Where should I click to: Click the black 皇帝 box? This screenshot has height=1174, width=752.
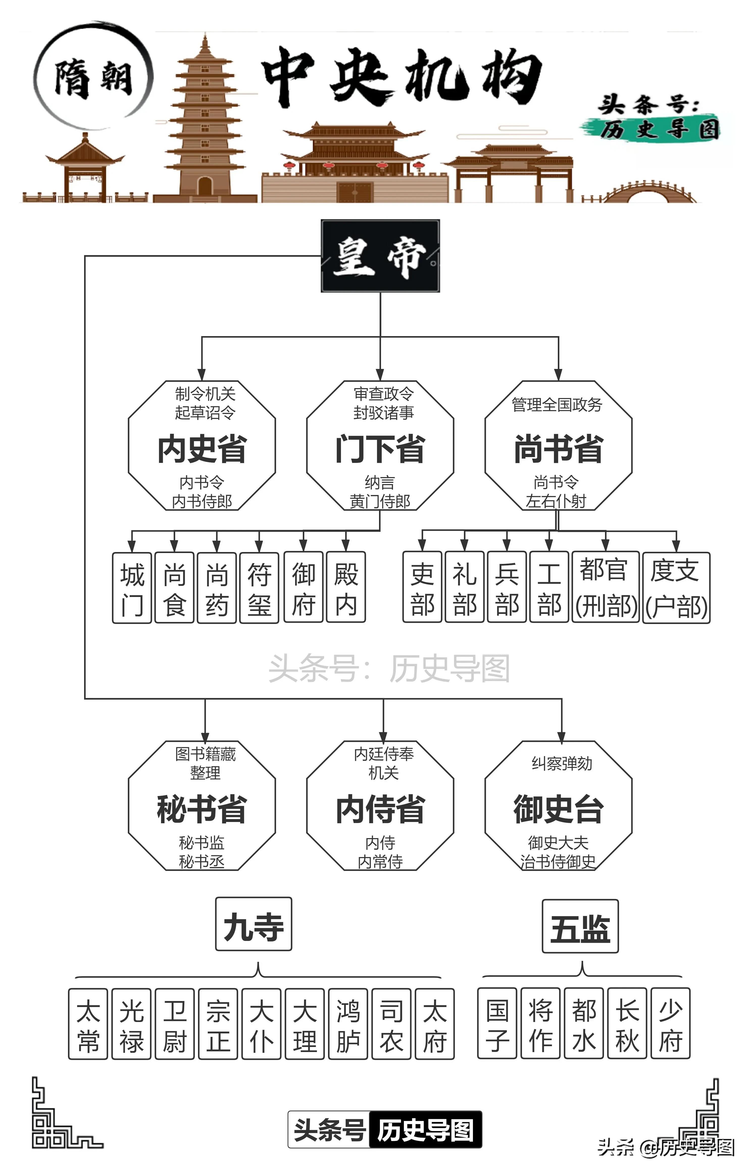(x=380, y=256)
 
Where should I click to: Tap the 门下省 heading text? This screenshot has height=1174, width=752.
(x=380, y=449)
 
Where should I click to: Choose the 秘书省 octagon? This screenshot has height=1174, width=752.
(x=202, y=806)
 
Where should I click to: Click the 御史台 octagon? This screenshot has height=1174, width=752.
(x=558, y=806)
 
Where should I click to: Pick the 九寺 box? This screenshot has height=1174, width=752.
(x=254, y=924)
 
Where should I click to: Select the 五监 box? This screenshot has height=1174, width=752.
(x=580, y=927)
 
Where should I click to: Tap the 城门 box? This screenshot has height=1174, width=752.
(x=132, y=587)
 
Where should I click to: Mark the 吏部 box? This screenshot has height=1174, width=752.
(x=422, y=587)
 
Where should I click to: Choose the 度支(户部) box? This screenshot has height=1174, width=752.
(x=676, y=587)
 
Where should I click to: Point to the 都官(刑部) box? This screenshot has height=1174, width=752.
(x=606, y=587)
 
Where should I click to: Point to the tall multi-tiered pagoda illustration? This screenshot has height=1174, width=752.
(x=205, y=122)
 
